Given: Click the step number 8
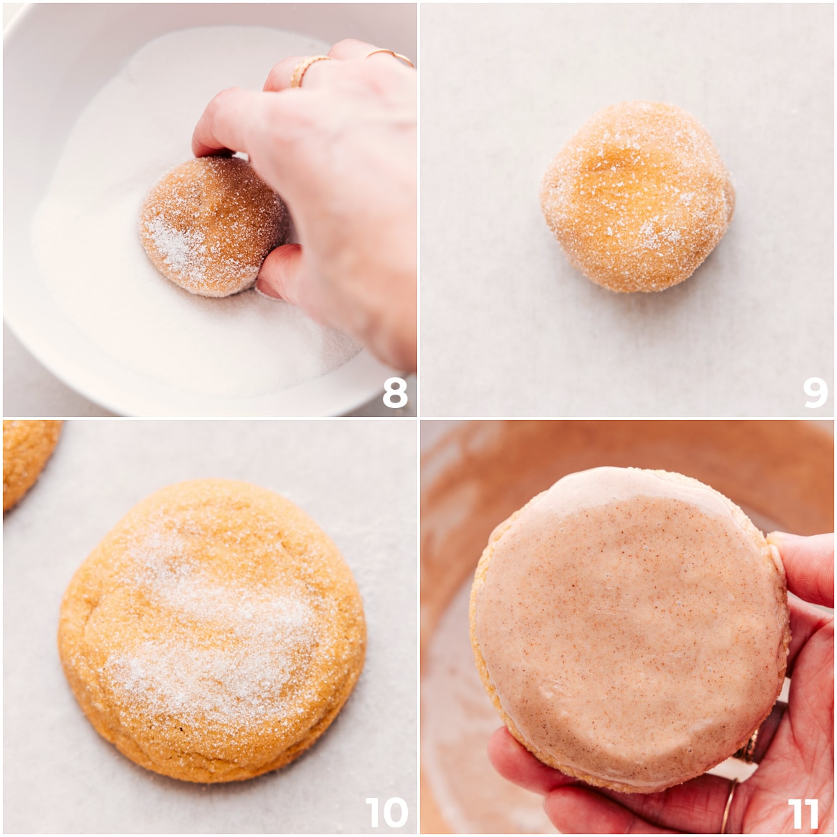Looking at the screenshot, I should (x=395, y=393).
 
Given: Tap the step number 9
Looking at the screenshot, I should (x=814, y=393).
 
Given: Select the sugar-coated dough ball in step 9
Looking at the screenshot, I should (x=637, y=197).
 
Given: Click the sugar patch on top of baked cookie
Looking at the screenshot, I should (x=209, y=628).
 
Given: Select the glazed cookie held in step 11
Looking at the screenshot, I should (x=628, y=628).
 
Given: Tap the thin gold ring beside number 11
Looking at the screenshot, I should (x=728, y=806).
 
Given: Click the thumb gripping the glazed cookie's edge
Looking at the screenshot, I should (x=802, y=565).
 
